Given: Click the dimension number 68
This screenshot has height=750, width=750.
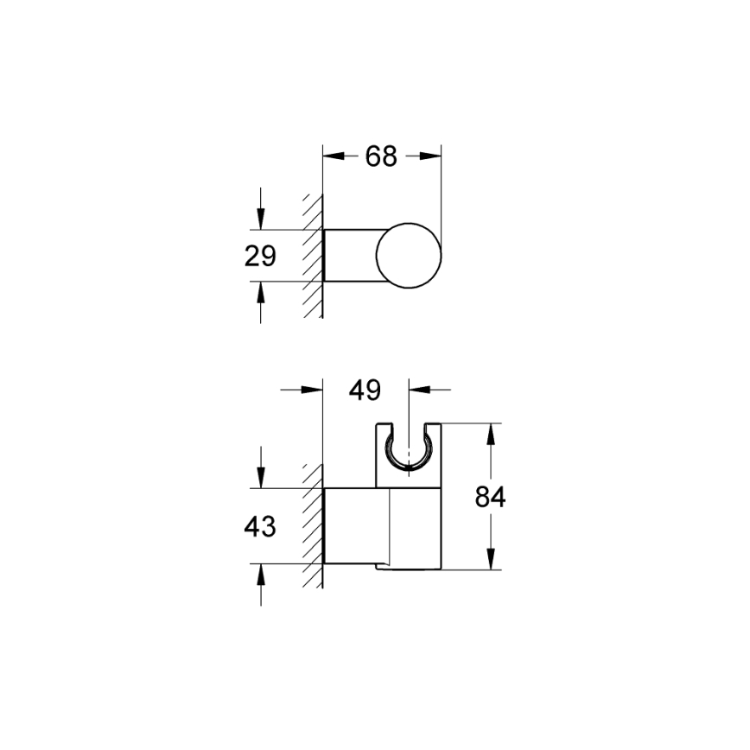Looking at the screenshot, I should pyautogui.click(x=381, y=156).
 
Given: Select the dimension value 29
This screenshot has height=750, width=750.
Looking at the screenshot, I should pyautogui.click(x=259, y=257).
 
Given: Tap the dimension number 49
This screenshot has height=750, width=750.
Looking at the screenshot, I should pyautogui.click(x=365, y=391).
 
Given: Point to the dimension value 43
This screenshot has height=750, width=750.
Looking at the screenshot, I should pyautogui.click(x=259, y=525).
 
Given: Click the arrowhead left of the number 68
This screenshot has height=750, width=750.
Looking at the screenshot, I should pyautogui.click(x=332, y=156).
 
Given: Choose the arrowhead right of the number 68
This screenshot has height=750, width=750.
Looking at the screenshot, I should pyautogui.click(x=433, y=156).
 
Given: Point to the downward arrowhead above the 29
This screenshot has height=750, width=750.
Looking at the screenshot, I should pyautogui.click(x=260, y=220).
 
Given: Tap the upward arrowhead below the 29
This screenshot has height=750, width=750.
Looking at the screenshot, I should pyautogui.click(x=260, y=292).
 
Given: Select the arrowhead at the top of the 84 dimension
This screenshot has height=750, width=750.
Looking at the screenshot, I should pyautogui.click(x=490, y=432).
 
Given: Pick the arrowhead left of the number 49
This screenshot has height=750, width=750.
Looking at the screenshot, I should pyautogui.click(x=313, y=391).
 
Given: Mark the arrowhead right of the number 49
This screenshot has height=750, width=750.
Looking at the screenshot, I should pyautogui.click(x=419, y=391).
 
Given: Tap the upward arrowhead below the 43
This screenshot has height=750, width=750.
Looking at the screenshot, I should pyautogui.click(x=260, y=574).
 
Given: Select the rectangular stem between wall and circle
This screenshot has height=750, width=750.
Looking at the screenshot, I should pyautogui.click(x=350, y=257).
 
